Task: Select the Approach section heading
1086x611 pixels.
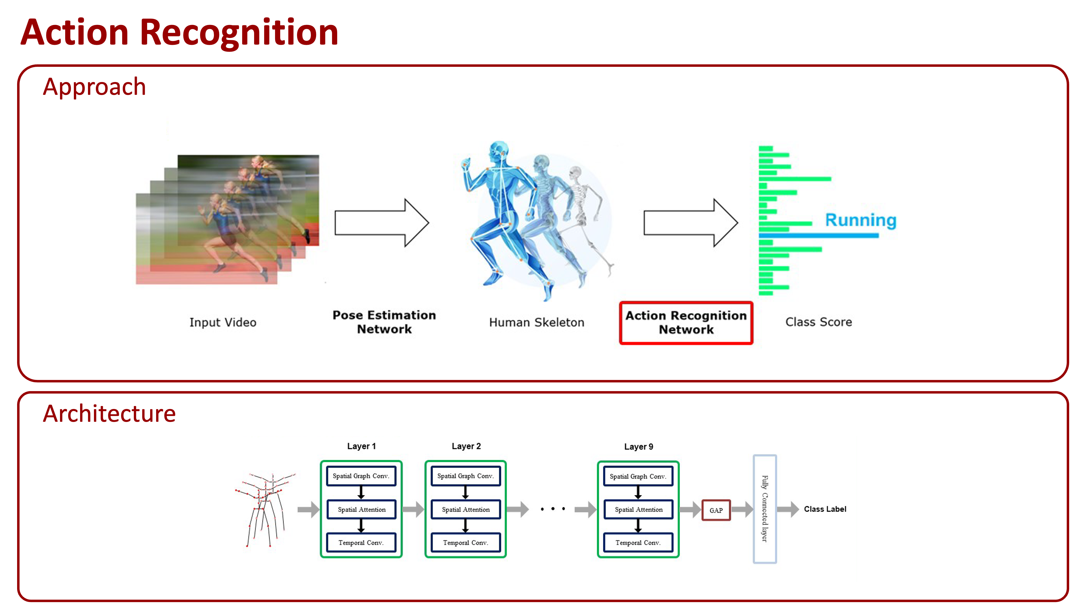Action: point(94,87)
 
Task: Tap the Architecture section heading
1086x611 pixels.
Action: point(109,414)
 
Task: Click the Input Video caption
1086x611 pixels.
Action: point(223,323)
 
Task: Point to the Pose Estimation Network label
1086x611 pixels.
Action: point(384,322)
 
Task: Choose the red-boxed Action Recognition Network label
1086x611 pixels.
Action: point(686,323)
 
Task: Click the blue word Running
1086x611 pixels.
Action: point(860,220)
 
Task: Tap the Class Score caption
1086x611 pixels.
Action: point(818,322)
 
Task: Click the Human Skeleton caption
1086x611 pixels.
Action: point(536,323)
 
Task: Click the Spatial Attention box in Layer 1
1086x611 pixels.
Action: point(361,509)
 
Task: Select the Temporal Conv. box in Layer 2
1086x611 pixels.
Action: point(465,543)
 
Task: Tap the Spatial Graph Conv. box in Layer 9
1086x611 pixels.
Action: point(638,477)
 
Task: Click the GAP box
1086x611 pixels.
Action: point(716,510)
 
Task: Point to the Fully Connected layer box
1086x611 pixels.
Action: point(765,509)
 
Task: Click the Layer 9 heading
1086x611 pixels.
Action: point(638,446)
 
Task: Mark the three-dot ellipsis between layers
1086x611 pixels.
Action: point(553,509)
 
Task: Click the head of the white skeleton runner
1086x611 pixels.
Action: point(576,172)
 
